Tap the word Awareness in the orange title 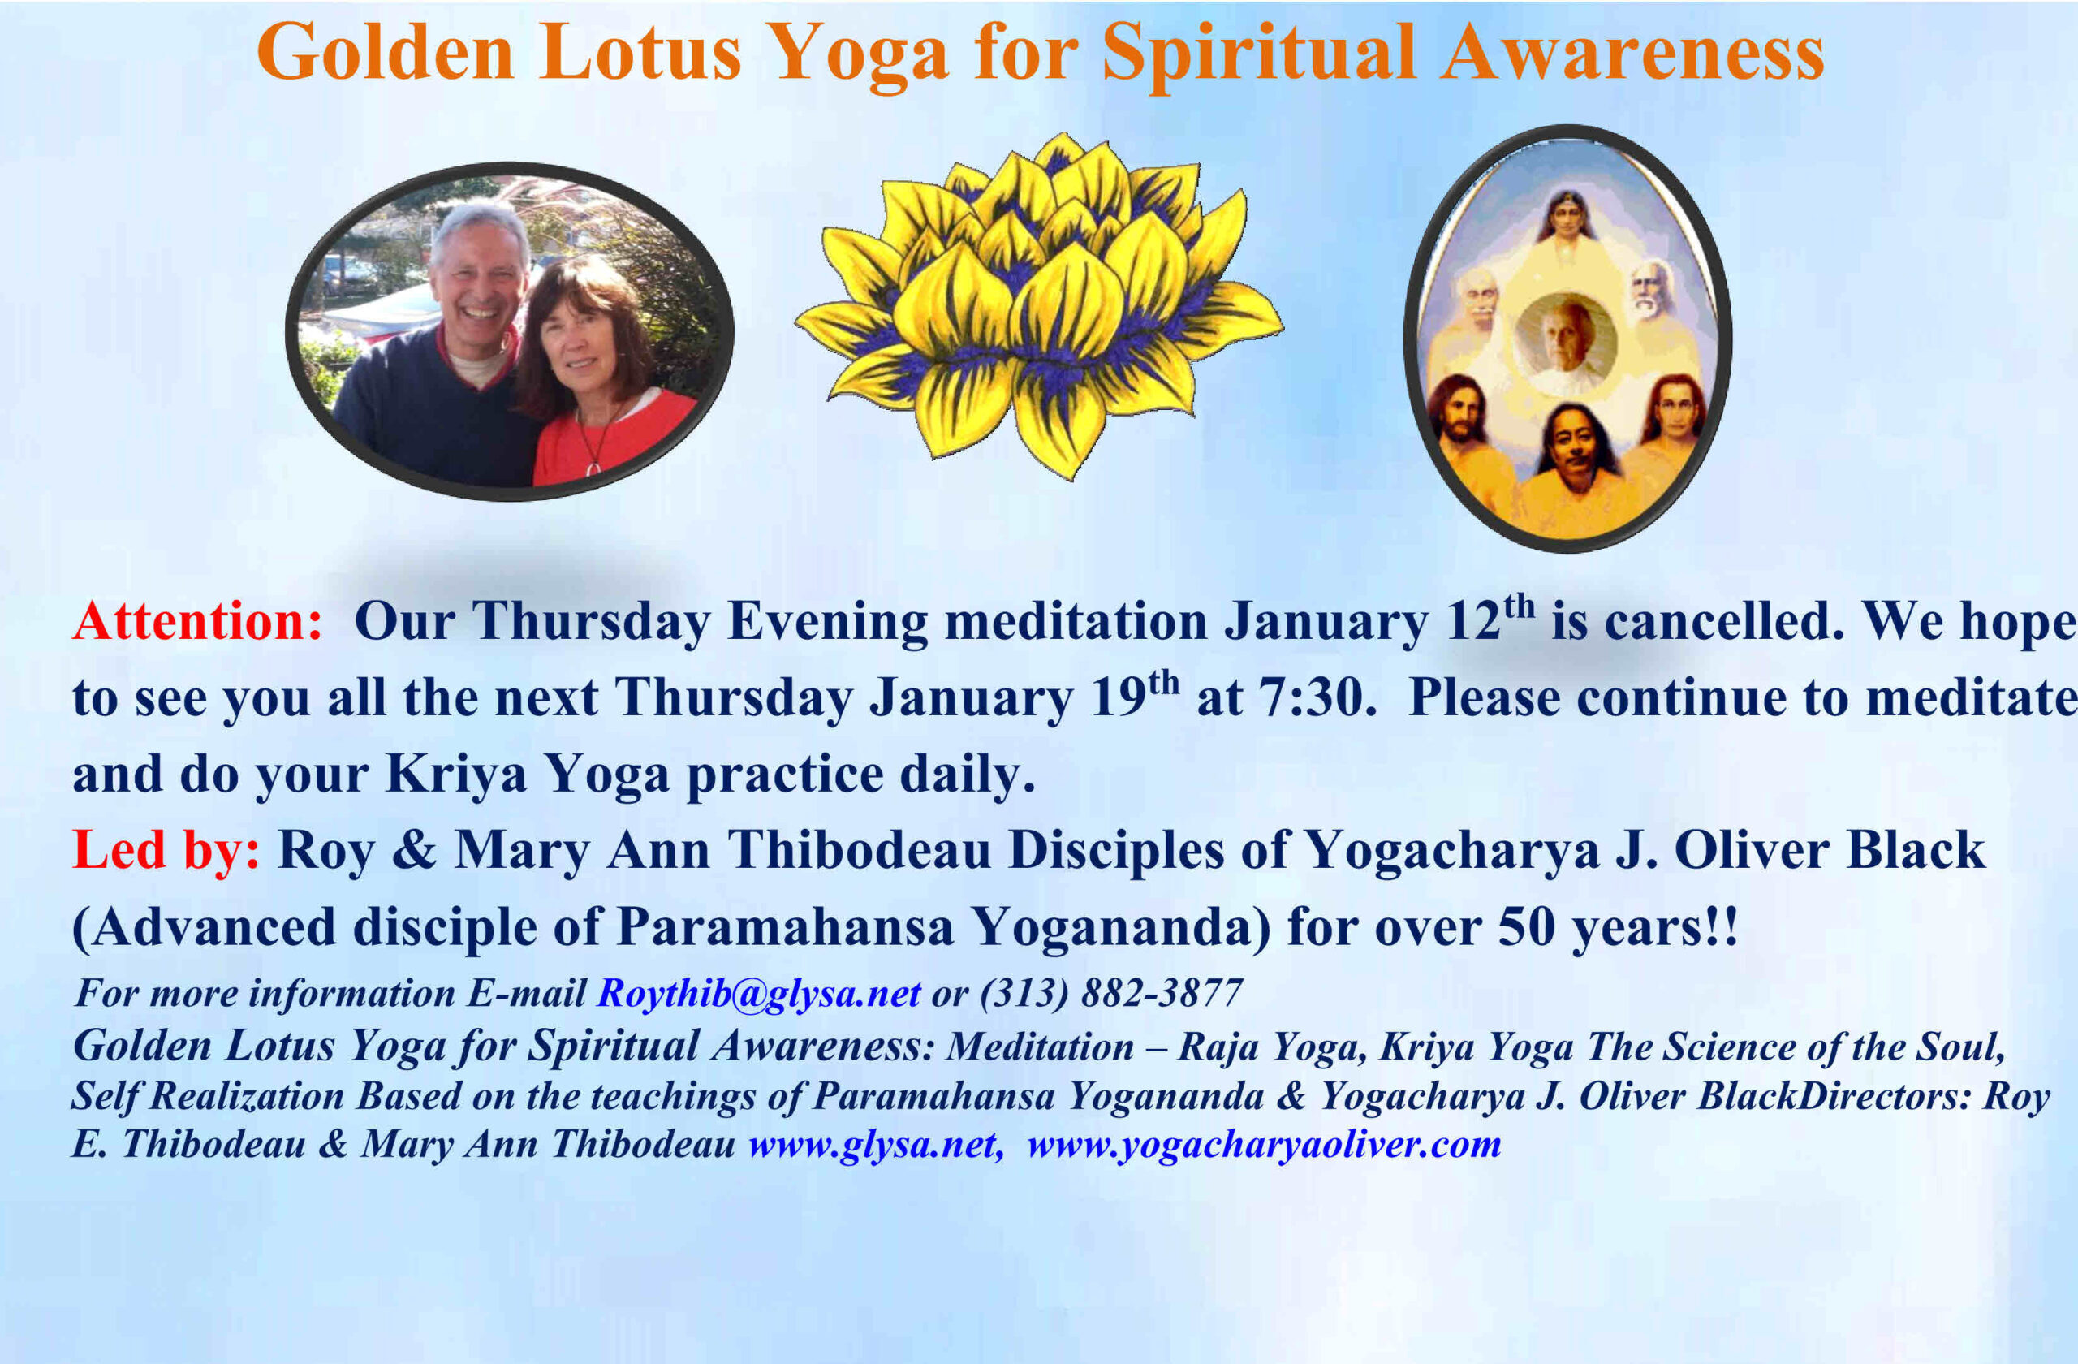pyautogui.click(x=1632, y=53)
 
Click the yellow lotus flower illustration pyautogui.click(x=1039, y=305)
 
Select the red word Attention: pyautogui.click(x=198, y=622)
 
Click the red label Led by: pyautogui.click(x=166, y=851)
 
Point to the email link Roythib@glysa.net pyautogui.click(x=759, y=994)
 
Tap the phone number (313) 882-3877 pyautogui.click(x=1110, y=994)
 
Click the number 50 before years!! pyautogui.click(x=1526, y=927)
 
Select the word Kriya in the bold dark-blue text pyautogui.click(x=455, y=775)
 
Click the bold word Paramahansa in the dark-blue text pyautogui.click(x=785, y=927)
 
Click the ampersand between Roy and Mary pyautogui.click(x=414, y=851)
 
